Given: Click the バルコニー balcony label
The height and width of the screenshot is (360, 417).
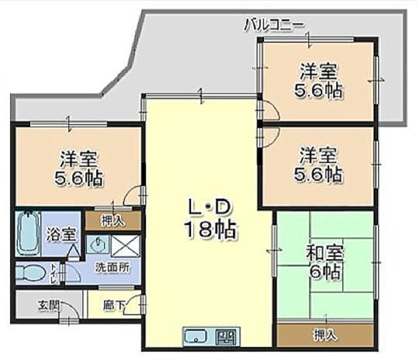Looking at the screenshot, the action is [274, 25].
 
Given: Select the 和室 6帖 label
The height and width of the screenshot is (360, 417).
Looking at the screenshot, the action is [325, 262].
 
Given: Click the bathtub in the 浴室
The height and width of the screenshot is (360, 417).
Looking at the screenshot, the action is [28, 233].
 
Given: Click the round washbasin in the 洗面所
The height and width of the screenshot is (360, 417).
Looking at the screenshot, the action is [98, 243].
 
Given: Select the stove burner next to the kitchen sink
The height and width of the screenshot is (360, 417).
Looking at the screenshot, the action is [225, 336].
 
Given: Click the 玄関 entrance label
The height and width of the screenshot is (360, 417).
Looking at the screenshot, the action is [48, 305].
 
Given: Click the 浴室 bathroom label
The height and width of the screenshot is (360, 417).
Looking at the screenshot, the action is [61, 234].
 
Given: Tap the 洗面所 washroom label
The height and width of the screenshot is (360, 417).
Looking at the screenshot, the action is [113, 267].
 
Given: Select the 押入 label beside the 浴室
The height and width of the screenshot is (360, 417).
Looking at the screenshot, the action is [113, 220].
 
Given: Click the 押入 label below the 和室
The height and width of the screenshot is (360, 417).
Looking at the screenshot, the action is [325, 335].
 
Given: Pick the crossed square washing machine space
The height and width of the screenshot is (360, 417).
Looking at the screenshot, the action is [125, 246].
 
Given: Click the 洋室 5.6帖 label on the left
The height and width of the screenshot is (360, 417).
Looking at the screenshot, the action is [79, 168].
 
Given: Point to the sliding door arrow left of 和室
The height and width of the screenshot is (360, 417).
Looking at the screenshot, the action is [274, 250].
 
